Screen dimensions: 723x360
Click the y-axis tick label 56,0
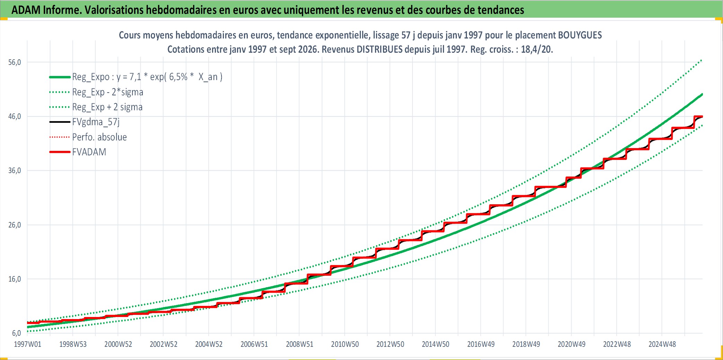pos(15,62)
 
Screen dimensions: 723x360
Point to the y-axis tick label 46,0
pos(15,117)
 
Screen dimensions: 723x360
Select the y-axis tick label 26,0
pos(15,225)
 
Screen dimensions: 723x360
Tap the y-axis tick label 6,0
pos(16,333)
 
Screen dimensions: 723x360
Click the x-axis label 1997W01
pos(27,344)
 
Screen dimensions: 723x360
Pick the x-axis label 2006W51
pos(254,344)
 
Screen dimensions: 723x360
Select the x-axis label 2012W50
pos(390,344)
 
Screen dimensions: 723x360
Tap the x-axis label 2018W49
pos(526,344)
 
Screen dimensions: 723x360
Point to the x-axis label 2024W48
pos(662,344)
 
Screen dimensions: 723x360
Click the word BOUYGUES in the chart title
pos(580,35)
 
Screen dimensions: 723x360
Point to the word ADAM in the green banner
pos(26,10)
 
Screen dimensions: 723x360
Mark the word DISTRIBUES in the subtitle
pos(380,49)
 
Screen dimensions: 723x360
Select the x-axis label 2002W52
pos(163,344)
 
